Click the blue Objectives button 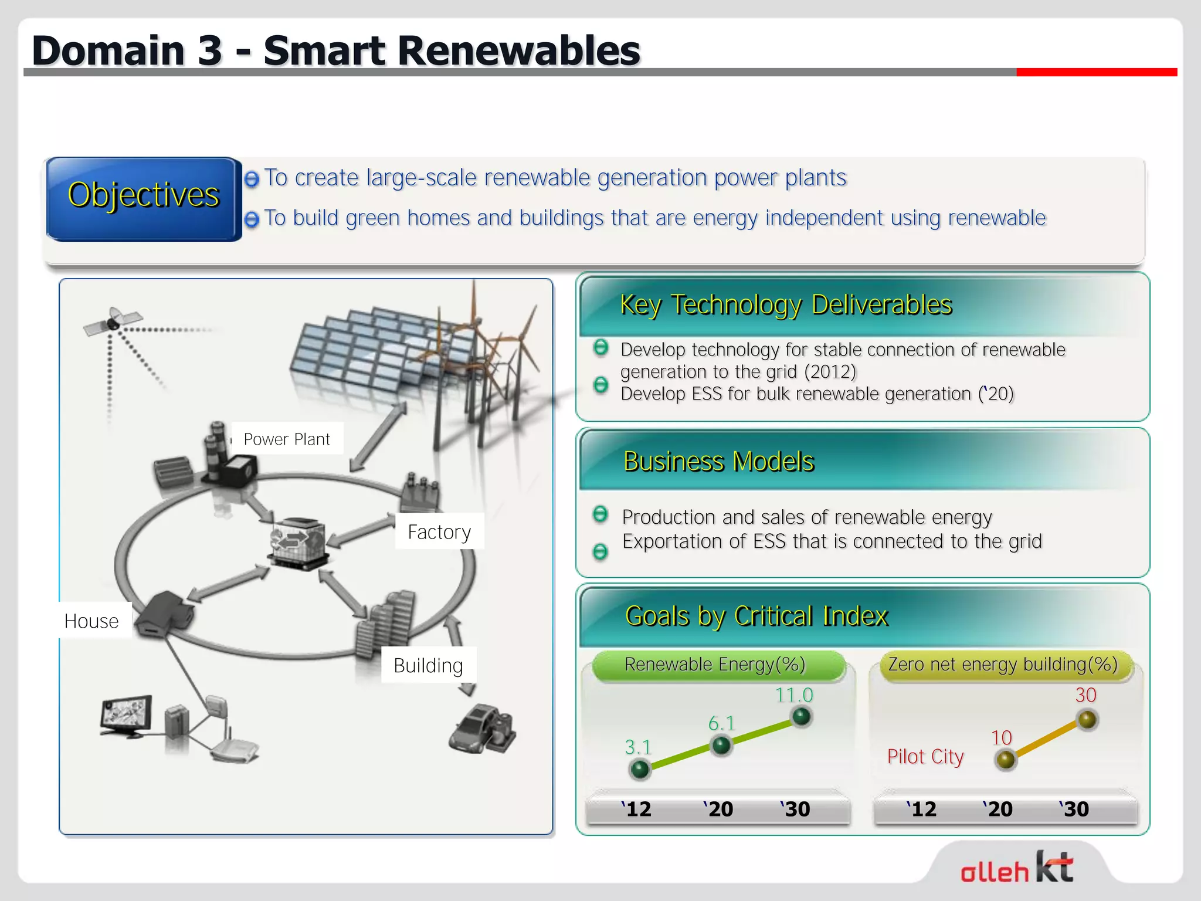click(x=143, y=198)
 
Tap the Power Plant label click(x=287, y=439)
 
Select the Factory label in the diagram click(x=439, y=531)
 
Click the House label click(x=92, y=621)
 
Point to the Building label click(x=428, y=665)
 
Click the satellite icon click(x=113, y=321)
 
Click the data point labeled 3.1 click(x=639, y=768)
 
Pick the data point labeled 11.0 click(x=801, y=716)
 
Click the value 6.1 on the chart click(x=721, y=723)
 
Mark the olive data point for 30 click(x=1087, y=720)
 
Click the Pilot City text click(x=925, y=757)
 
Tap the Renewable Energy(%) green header click(x=715, y=665)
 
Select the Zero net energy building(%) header click(x=1003, y=665)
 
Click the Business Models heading click(x=719, y=462)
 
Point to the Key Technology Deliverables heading click(x=786, y=305)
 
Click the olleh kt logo click(x=1017, y=868)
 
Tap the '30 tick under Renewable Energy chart click(x=795, y=809)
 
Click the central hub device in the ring click(x=298, y=543)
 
